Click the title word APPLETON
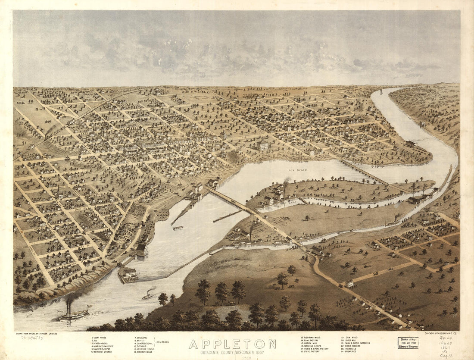232,344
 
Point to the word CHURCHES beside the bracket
163,342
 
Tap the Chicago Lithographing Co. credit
440,333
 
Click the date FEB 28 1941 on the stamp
408,343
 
